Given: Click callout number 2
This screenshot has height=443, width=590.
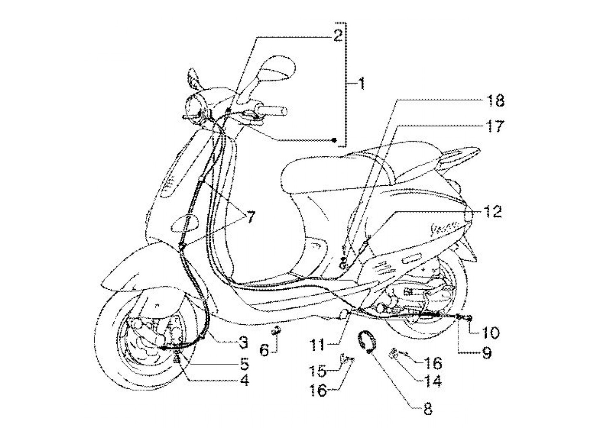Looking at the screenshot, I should coord(337,35).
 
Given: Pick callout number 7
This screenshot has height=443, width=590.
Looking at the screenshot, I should coord(250,217).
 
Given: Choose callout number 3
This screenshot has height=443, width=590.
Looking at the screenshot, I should coord(242,343).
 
